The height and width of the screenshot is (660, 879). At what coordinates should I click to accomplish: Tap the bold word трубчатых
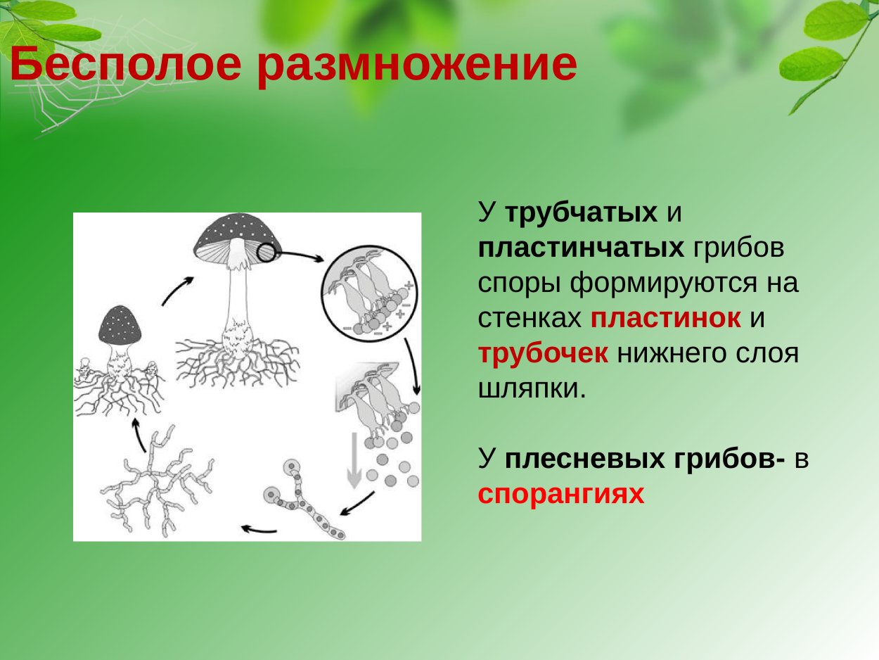coord(581,212)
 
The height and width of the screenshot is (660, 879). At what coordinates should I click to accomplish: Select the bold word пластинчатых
coord(581,248)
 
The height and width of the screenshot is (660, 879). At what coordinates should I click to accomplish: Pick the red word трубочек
coord(543,353)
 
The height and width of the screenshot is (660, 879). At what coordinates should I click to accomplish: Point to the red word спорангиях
coord(561,494)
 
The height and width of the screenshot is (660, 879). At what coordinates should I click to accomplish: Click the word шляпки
coord(532,388)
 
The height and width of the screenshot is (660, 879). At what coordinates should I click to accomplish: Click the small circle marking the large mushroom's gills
coord(267,253)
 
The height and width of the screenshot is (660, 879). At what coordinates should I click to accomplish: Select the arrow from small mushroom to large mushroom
coord(177,290)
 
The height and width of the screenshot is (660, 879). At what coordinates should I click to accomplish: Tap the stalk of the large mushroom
coord(236,296)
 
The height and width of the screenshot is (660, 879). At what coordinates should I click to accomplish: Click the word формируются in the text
coord(685,283)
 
